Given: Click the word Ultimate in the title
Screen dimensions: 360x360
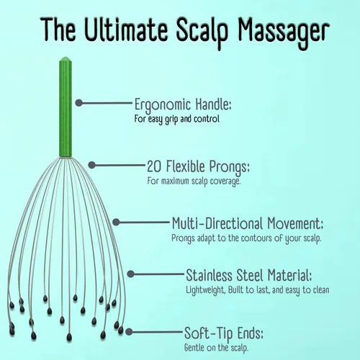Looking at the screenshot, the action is (x=127, y=30).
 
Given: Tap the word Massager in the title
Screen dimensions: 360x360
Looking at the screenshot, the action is (x=284, y=33).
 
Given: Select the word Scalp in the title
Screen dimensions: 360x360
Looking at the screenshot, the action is (x=202, y=32).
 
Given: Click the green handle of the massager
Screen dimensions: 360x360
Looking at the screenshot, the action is (x=66, y=107).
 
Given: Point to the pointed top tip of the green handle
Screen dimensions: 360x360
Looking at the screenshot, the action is (x=66, y=57).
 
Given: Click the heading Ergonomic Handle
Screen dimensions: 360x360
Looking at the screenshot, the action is (x=183, y=105).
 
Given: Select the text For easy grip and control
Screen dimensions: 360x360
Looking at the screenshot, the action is (x=177, y=120).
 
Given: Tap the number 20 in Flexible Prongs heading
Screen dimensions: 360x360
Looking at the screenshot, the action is (x=154, y=166).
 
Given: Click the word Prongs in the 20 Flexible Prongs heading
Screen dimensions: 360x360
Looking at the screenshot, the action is (x=229, y=167).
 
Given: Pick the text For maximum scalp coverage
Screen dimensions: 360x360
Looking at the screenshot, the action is (x=194, y=181).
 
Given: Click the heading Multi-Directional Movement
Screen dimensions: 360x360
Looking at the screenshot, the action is (x=248, y=223).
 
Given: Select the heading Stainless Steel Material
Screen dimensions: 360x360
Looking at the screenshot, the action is (x=249, y=275).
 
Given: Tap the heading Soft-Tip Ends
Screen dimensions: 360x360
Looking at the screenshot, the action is (x=224, y=333).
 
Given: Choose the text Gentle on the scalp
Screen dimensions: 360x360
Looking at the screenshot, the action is (x=216, y=348).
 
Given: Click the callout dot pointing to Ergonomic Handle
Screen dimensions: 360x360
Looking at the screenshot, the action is (x=78, y=103).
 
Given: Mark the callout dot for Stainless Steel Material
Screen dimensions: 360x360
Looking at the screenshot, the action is (x=130, y=274).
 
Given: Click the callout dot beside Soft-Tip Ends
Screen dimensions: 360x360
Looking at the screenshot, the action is (x=129, y=332).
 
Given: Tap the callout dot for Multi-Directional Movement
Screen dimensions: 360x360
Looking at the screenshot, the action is (x=116, y=222).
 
